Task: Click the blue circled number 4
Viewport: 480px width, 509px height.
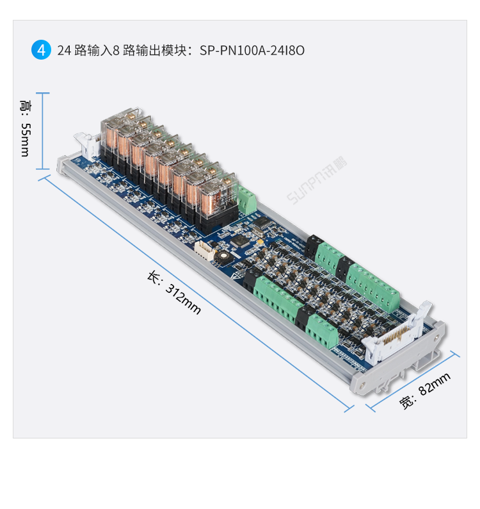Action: pos(41,50)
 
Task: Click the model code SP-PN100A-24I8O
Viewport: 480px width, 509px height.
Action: pos(252,50)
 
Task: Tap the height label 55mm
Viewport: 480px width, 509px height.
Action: pos(25,131)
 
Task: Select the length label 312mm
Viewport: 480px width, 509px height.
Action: pos(175,293)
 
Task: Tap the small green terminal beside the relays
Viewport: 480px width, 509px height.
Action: pos(247,201)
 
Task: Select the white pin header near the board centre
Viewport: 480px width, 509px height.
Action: pos(203,251)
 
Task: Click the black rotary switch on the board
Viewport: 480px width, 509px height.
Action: pos(222,256)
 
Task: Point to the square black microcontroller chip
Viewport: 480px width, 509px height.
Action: pos(241,242)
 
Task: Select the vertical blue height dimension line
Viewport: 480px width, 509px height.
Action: pos(42,131)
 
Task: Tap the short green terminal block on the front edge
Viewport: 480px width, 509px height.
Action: pos(321,331)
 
